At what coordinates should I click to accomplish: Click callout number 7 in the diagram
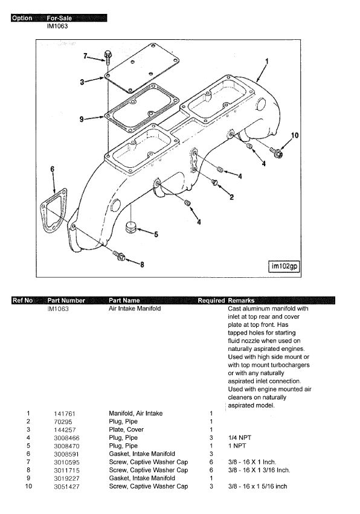point(85,56)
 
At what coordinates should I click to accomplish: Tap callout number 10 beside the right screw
point(295,135)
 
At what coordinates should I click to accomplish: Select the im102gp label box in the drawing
point(284,266)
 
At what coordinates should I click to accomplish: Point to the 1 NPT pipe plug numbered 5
point(131,227)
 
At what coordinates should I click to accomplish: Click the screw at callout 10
point(277,152)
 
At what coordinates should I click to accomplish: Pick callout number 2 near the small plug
point(231,197)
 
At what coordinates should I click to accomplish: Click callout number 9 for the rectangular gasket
point(82,119)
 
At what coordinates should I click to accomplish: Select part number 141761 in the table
point(65,414)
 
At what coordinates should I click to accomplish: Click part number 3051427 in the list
point(66,486)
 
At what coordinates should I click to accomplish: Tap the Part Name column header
point(124,300)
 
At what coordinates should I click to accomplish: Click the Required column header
point(211,300)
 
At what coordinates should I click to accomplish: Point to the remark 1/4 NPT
point(240,438)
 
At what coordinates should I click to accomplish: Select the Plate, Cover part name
point(126,429)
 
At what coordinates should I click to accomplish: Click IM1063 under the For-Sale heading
point(57,26)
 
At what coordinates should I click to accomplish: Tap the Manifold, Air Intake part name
point(136,413)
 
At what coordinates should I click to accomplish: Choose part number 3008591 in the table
point(66,454)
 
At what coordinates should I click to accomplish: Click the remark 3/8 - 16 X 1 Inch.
point(252,462)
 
